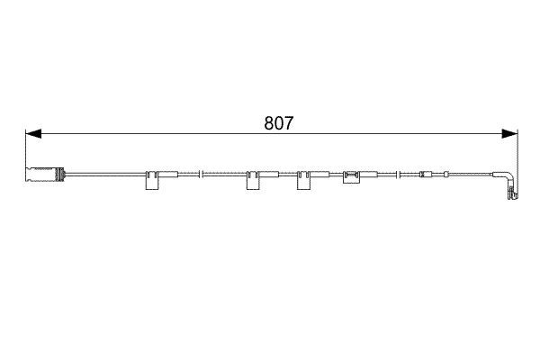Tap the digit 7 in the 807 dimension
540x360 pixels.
pos(286,123)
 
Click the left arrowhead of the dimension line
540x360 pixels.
pos(33,134)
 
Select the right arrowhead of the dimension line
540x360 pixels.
pos(510,134)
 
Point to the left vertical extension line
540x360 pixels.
pos(24,148)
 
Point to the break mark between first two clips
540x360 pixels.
pos(202,174)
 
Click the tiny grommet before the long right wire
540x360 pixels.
pos(441,174)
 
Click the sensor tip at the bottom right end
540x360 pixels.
pos(512,193)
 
